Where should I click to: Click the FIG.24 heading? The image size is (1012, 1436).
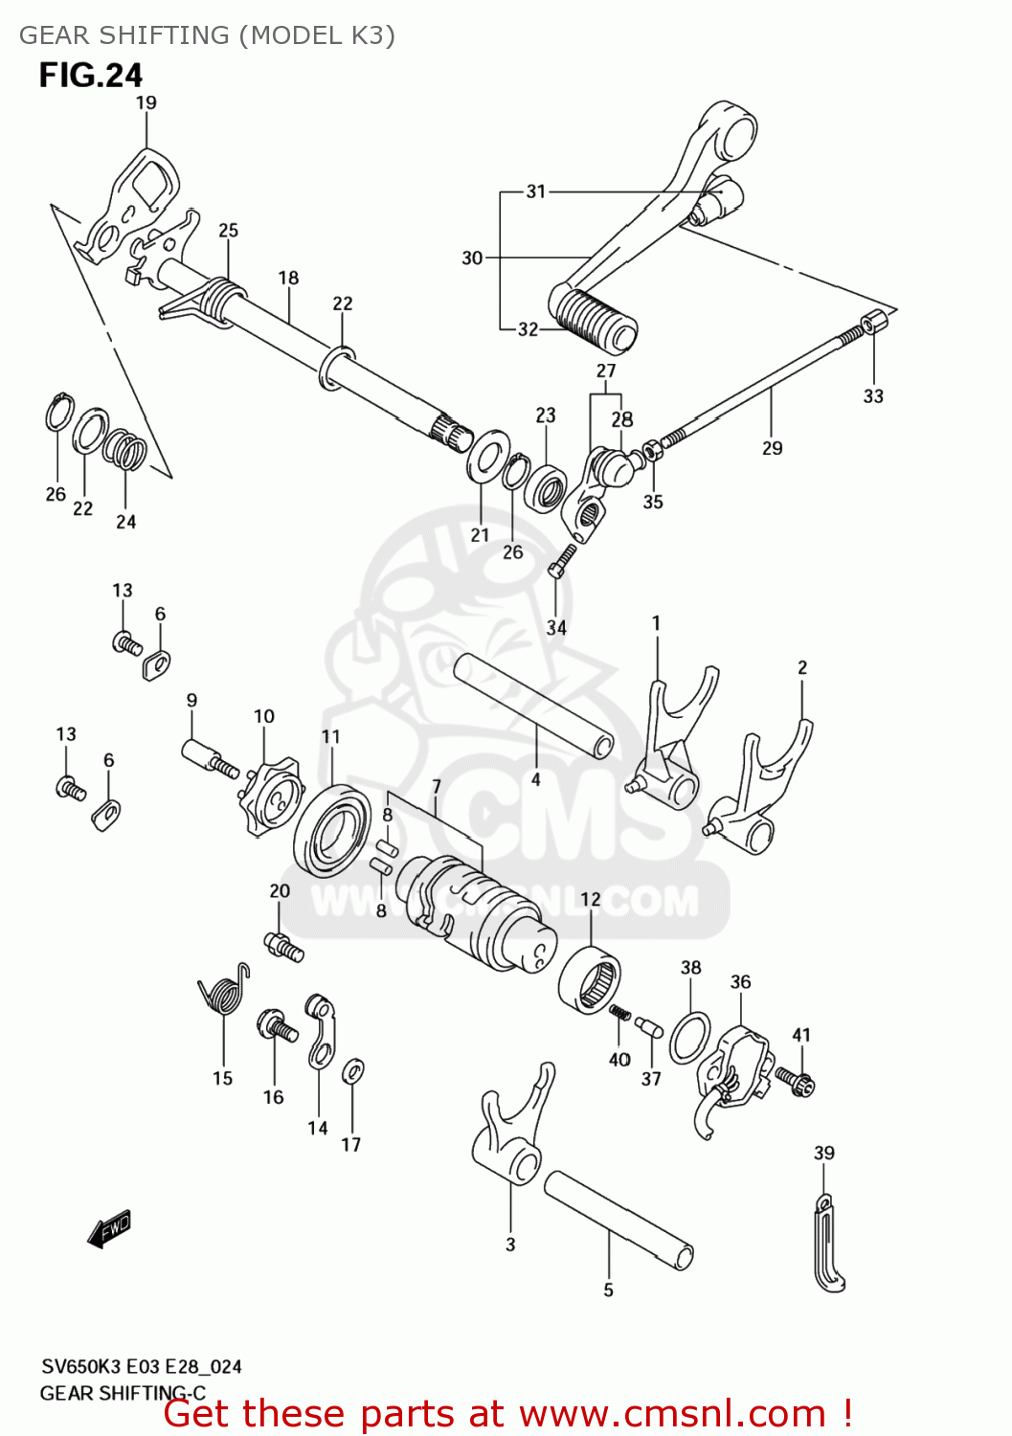91,75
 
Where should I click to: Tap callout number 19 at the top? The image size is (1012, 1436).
146,102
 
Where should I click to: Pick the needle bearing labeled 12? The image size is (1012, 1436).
589,978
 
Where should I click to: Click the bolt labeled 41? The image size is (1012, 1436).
797,1081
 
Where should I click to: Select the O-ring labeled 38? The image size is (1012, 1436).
689,1037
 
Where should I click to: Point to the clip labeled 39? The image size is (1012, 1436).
828,1245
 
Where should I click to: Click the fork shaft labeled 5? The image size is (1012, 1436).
618,1221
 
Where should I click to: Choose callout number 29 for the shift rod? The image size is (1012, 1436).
772,448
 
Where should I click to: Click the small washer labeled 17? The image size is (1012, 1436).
352,1069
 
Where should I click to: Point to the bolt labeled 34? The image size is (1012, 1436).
562,560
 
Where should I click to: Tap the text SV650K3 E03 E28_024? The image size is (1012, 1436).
141,1366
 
